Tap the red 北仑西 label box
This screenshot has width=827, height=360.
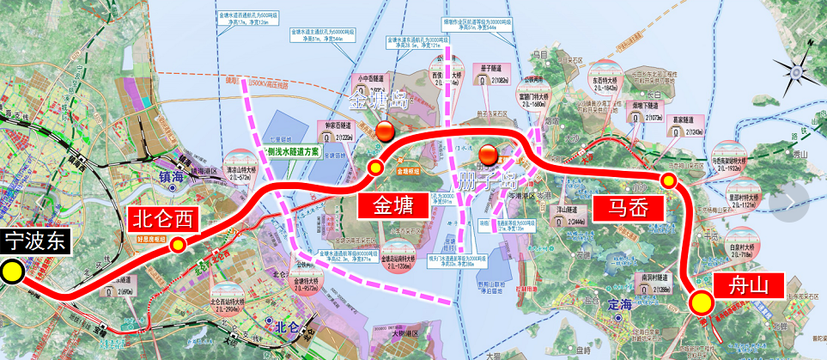pos(163,219)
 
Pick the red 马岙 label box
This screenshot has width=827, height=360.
pos(629,206)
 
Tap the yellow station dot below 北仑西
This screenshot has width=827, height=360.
pos(178,245)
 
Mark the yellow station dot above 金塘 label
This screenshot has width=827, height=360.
pos(374,167)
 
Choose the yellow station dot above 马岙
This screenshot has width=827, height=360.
pos(668,180)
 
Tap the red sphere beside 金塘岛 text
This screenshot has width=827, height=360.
pos(386,131)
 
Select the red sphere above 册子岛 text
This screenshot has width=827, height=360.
pos(489,155)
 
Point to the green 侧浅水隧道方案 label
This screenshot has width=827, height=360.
pos(292,150)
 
